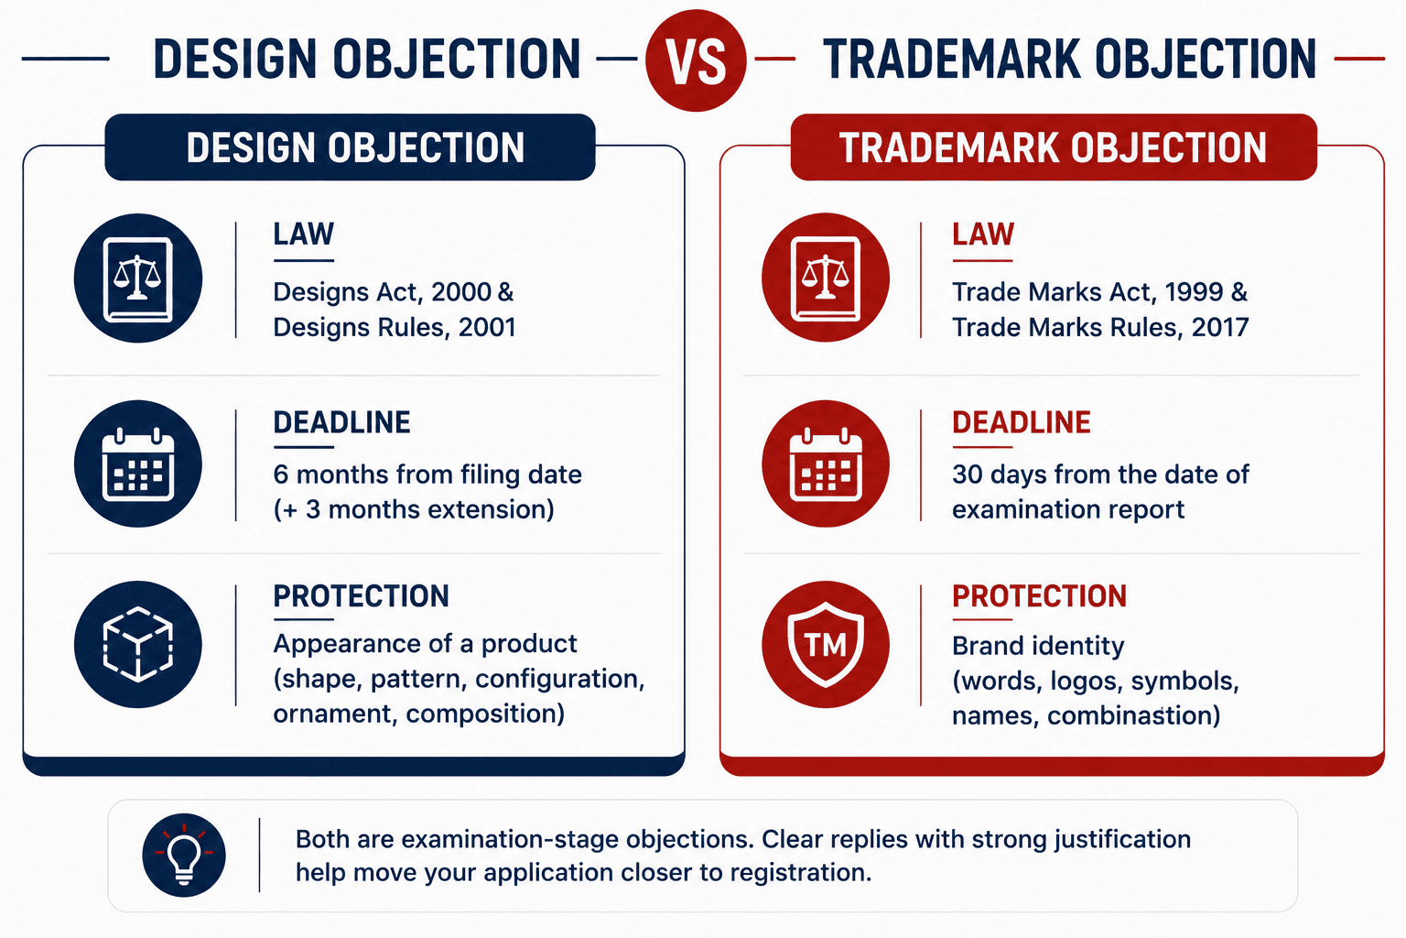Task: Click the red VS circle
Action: click(696, 60)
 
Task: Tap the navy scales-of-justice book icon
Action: click(138, 278)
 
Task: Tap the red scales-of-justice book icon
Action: click(826, 278)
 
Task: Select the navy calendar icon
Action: click(138, 464)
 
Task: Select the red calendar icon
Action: click(826, 464)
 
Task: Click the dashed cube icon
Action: click(138, 645)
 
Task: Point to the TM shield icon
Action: click(826, 645)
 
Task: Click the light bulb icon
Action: click(184, 855)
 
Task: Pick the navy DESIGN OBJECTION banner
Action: click(351, 147)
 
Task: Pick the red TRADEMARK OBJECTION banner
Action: click(1054, 147)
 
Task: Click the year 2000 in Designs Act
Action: click(460, 292)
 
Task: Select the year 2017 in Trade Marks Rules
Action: click(1220, 327)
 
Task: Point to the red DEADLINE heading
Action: click(1022, 422)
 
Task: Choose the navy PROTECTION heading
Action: click(361, 596)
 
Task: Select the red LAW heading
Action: click(983, 234)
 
